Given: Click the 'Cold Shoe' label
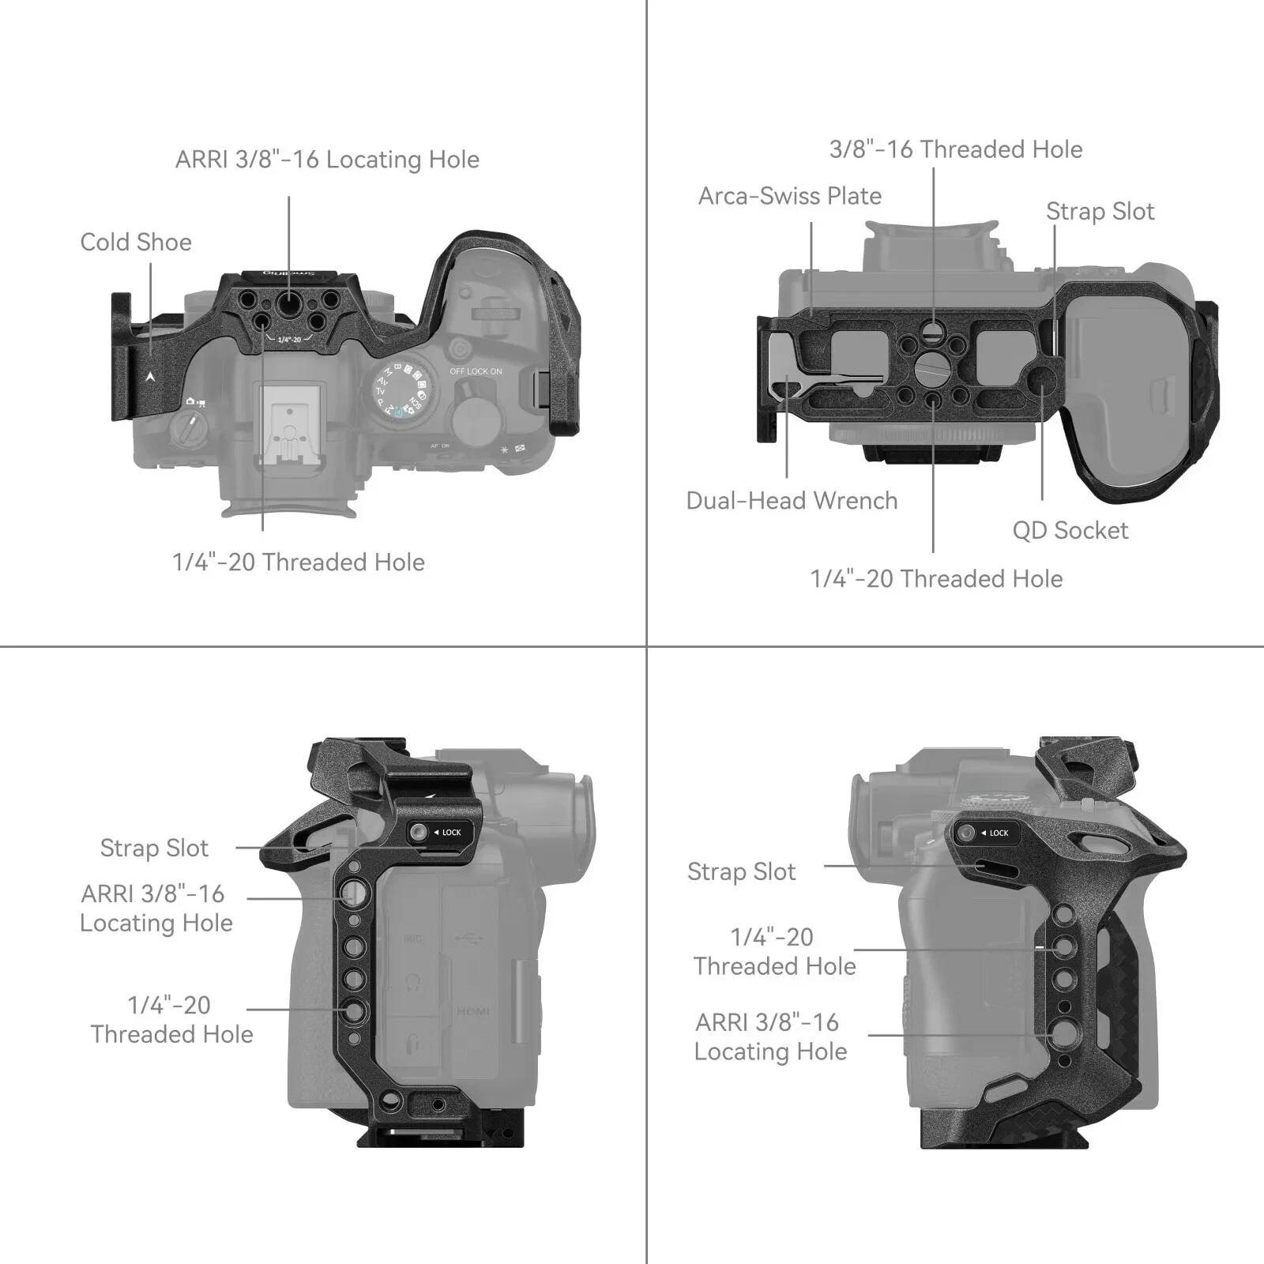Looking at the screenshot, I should click(136, 242).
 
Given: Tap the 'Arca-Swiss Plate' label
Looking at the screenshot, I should click(789, 196).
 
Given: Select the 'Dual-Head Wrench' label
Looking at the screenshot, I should click(792, 501).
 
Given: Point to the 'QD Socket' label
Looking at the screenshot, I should click(1070, 530).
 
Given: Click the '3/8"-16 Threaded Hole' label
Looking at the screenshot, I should click(955, 149).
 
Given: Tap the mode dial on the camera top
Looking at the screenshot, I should click(402, 390).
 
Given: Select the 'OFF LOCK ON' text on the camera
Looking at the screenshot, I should click(476, 371).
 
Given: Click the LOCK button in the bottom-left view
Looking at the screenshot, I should click(436, 832).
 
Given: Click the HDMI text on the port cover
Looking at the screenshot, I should click(472, 1011).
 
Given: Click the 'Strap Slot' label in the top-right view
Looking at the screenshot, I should click(1100, 212).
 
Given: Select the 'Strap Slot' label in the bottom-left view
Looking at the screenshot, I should click(154, 848).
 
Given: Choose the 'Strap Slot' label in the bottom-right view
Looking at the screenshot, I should click(741, 871).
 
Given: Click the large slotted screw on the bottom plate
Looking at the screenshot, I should click(932, 367).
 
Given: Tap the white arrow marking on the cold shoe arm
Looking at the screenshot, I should click(150, 377).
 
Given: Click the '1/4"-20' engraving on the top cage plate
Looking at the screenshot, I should click(288, 339).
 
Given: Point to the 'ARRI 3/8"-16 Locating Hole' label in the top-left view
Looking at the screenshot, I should click(327, 160).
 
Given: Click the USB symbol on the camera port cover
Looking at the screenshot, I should click(469, 939).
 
